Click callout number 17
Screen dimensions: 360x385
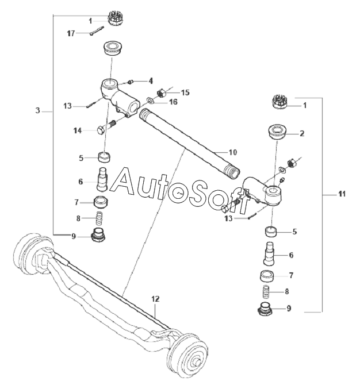pyautogui.click(x=71, y=33)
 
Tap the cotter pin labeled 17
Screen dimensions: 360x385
pyautogui.click(x=97, y=31)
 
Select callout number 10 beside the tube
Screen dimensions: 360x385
pyautogui.click(x=233, y=152)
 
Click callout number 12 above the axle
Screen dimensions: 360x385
pyautogui.click(x=155, y=299)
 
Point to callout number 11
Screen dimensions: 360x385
pyautogui.click(x=342, y=194)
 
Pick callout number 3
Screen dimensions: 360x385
pyautogui.click(x=37, y=110)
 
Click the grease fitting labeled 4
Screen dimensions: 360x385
pyautogui.click(x=131, y=82)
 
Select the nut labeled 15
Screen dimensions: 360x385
pyautogui.click(x=160, y=93)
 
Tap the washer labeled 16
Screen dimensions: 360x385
pyautogui.click(x=150, y=100)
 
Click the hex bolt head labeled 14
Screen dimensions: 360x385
pyautogui.click(x=101, y=130)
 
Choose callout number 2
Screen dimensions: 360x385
pyautogui.click(x=302, y=133)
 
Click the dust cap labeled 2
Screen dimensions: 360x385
pyautogui.click(x=277, y=133)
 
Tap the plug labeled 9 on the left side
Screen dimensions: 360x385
pyautogui.click(x=98, y=234)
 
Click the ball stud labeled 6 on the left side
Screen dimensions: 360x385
pyautogui.click(x=102, y=179)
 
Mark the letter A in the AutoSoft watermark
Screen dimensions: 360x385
pyautogui.click(x=122, y=180)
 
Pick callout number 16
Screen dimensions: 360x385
pyautogui.click(x=174, y=102)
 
